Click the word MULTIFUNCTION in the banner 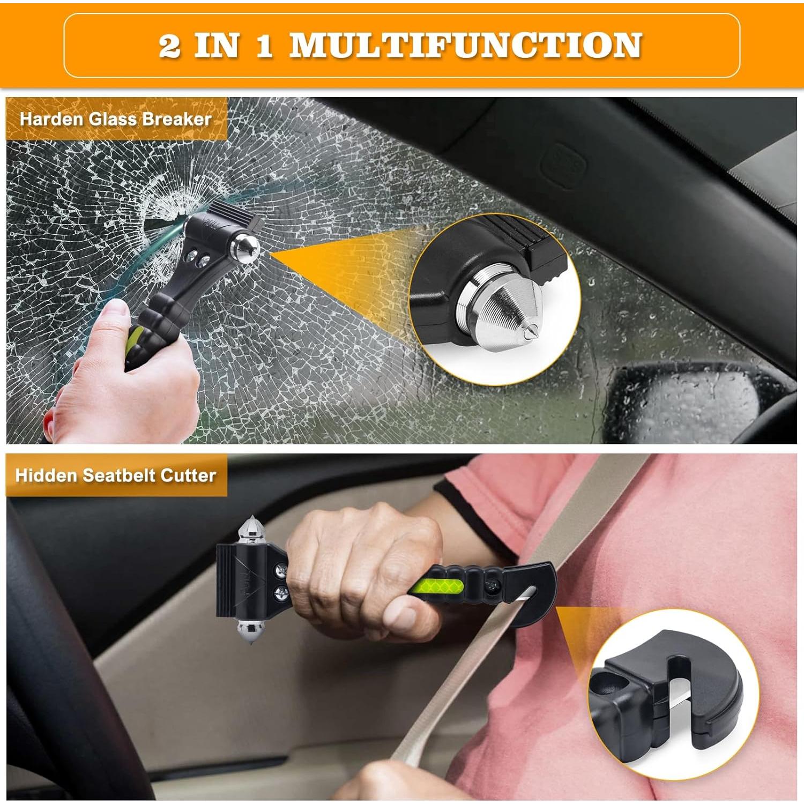tap(465, 45)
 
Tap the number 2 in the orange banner tap(169, 46)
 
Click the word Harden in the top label tap(52, 119)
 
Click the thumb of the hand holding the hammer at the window tap(115, 311)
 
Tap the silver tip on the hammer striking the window tap(248, 248)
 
